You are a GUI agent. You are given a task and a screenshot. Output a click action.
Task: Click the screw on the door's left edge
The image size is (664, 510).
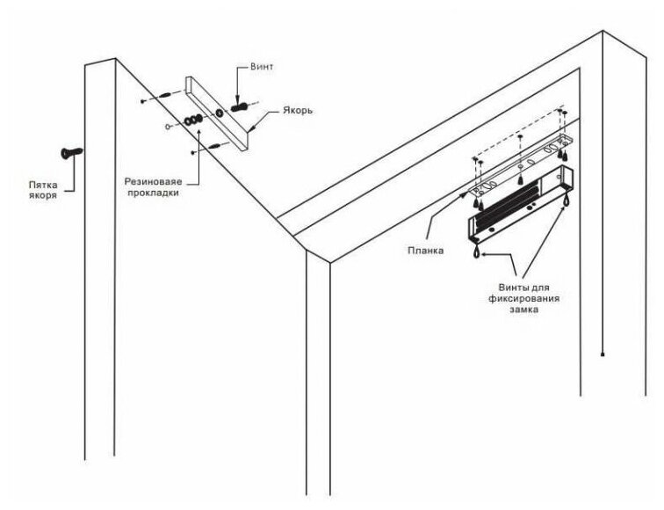[69, 153]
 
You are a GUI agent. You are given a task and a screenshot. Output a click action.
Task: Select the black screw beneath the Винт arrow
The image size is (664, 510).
[239, 107]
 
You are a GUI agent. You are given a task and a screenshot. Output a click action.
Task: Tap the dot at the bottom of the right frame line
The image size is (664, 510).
[603, 354]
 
